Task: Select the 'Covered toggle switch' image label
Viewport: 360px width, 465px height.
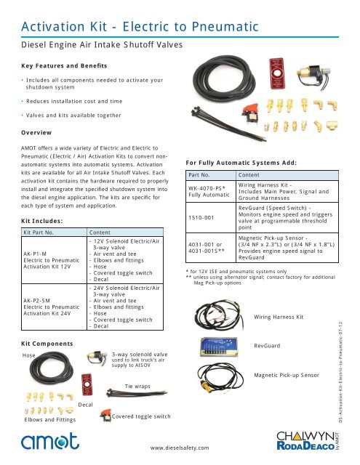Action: [x=142, y=416]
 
